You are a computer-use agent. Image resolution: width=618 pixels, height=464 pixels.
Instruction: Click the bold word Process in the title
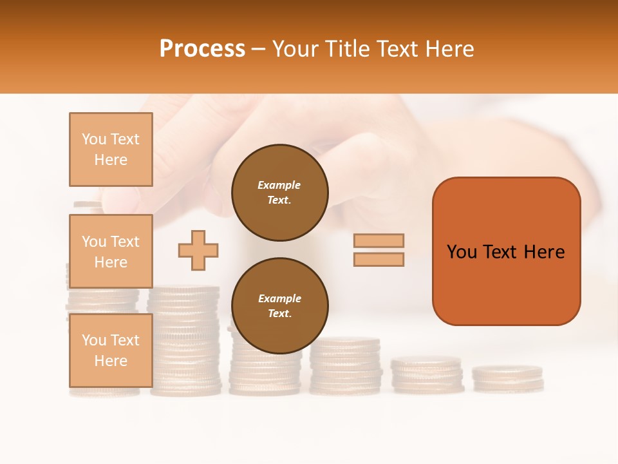click(202, 49)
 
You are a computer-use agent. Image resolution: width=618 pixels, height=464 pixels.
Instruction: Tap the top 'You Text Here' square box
click(111, 150)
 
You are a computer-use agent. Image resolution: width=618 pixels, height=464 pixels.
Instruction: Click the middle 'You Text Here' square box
click(111, 251)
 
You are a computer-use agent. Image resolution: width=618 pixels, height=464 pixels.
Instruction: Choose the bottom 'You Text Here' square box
click(111, 350)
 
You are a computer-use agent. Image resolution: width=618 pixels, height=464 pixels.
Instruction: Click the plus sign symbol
click(198, 250)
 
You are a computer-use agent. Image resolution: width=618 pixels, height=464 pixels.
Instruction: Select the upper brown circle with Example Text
click(279, 193)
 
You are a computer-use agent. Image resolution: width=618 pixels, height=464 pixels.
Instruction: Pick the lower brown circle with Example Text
click(279, 306)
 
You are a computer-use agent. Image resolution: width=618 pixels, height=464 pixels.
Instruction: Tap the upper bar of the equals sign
click(379, 240)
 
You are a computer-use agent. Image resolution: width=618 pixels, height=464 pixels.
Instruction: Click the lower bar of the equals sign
click(379, 259)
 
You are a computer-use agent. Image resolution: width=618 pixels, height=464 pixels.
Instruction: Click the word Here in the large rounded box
click(544, 252)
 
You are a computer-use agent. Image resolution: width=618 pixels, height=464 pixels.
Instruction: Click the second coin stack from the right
click(427, 375)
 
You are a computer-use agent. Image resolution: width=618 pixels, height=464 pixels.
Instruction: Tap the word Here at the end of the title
click(451, 49)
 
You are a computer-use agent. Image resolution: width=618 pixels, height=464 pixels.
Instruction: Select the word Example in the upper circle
click(279, 185)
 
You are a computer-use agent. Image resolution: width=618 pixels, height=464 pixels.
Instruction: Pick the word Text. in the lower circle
click(279, 313)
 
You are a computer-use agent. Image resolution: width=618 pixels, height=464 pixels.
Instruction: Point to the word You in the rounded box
click(462, 252)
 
